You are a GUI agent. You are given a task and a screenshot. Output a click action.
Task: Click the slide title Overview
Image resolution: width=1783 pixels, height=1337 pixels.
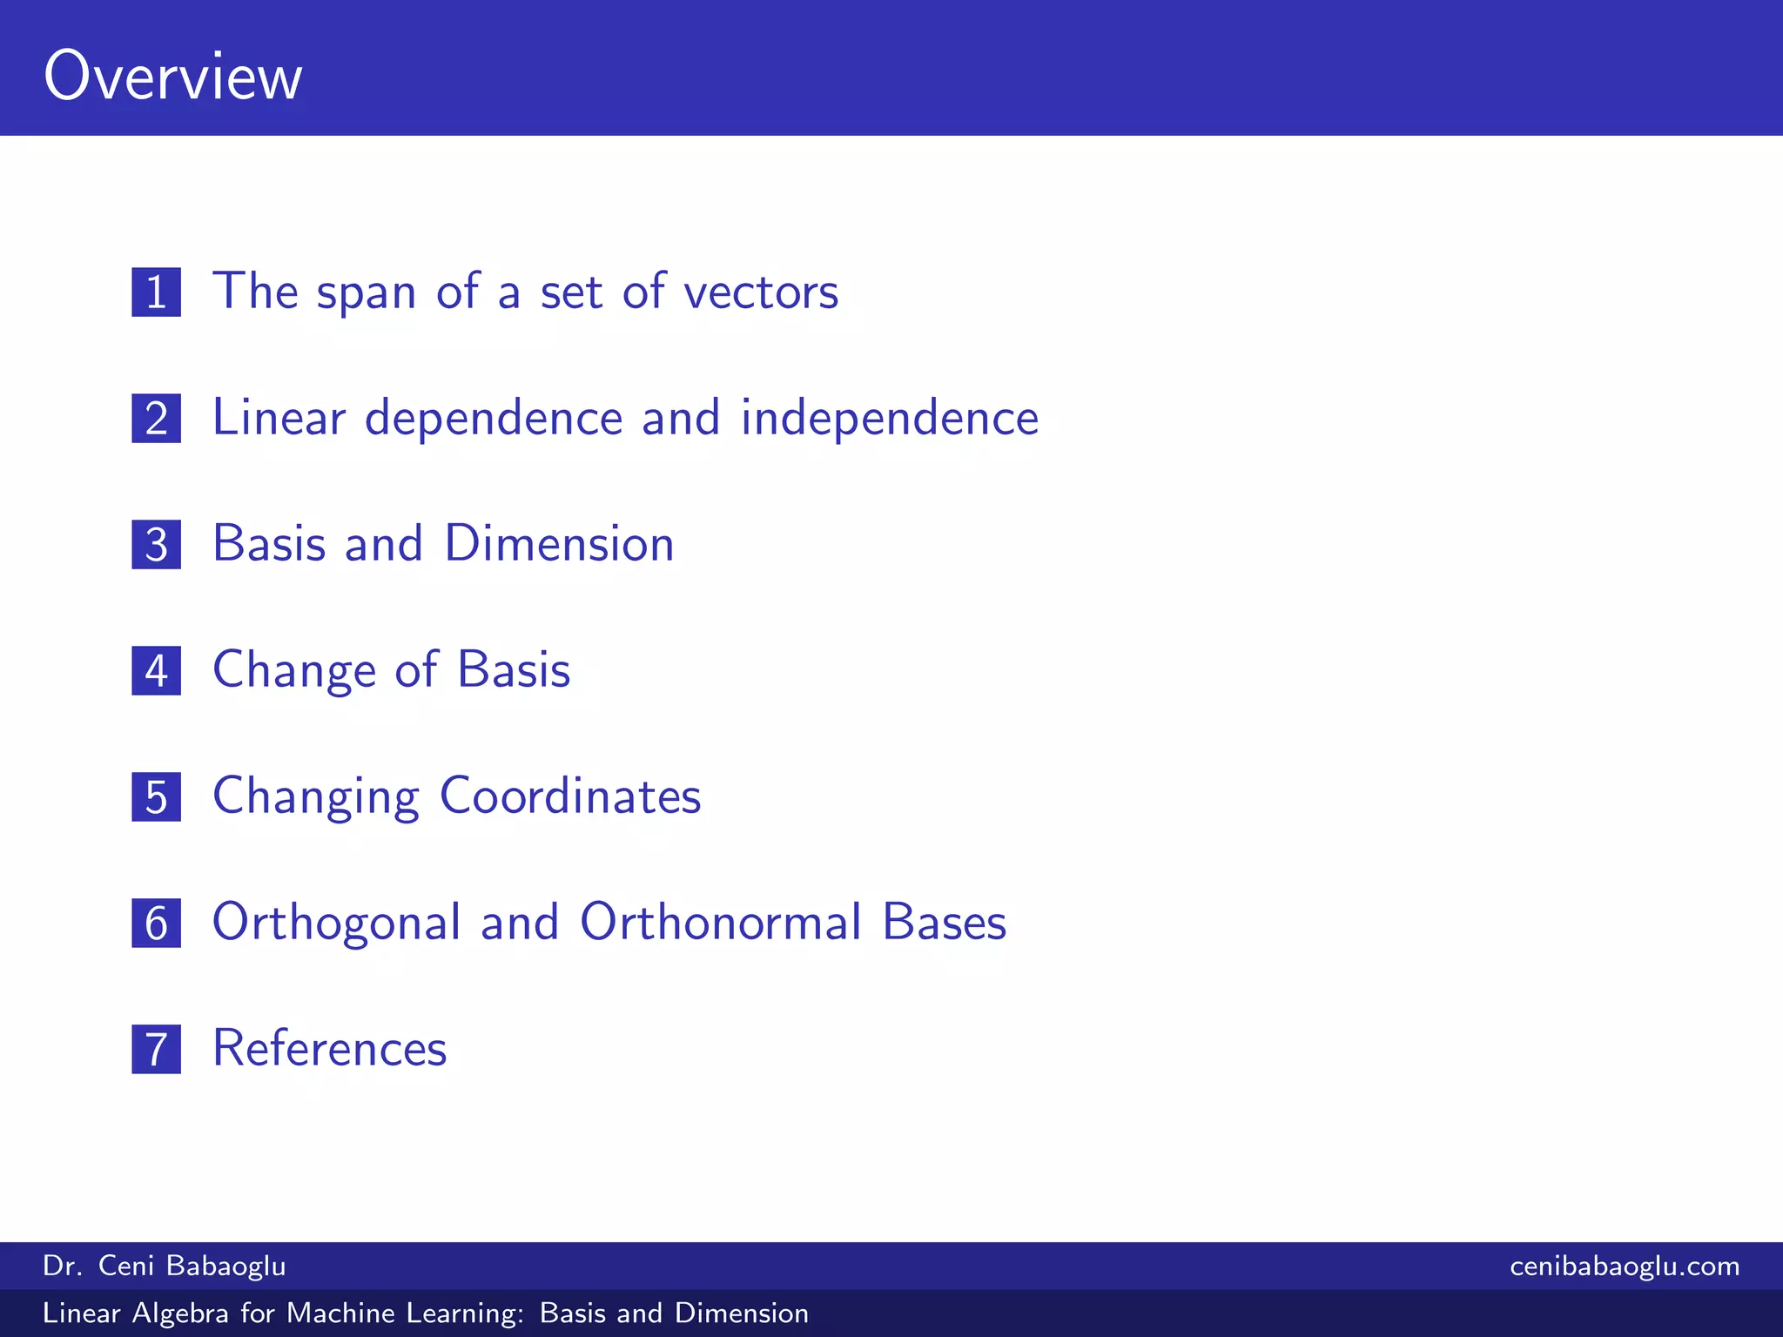(173, 77)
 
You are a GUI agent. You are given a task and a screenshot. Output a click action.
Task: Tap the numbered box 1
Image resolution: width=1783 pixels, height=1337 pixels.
(157, 292)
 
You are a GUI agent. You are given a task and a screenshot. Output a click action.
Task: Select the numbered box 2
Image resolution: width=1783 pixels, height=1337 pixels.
(157, 418)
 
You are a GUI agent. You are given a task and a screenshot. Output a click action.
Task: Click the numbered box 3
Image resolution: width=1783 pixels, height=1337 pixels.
(157, 544)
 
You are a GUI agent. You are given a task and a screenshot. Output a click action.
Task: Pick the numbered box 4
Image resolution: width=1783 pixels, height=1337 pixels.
(157, 670)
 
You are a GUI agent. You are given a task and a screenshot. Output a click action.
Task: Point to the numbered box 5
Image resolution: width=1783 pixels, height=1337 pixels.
(157, 796)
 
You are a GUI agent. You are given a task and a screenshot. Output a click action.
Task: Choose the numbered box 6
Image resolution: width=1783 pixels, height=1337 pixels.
(157, 923)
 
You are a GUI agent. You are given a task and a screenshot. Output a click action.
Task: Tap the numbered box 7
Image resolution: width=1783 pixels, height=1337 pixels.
(157, 1049)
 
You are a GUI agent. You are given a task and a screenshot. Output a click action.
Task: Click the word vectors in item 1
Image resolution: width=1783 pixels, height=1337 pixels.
(761, 292)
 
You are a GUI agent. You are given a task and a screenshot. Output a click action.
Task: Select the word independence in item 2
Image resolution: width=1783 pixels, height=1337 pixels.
(889, 418)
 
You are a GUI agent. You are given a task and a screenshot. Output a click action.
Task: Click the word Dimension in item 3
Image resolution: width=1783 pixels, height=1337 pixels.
(559, 544)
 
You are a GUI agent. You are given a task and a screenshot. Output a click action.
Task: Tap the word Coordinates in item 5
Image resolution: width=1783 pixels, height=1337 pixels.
(570, 796)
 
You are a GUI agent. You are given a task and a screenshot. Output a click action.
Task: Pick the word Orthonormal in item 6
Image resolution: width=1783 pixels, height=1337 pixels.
(721, 923)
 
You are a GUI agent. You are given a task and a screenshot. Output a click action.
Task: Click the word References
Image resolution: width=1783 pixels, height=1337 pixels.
(329, 1049)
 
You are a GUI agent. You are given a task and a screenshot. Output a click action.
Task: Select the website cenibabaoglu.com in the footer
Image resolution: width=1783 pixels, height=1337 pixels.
(1625, 1266)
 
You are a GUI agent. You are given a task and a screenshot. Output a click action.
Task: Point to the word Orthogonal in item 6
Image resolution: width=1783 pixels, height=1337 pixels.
(336, 923)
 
